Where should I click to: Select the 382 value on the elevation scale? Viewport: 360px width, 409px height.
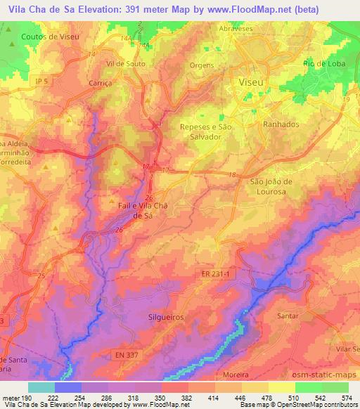(187, 396)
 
